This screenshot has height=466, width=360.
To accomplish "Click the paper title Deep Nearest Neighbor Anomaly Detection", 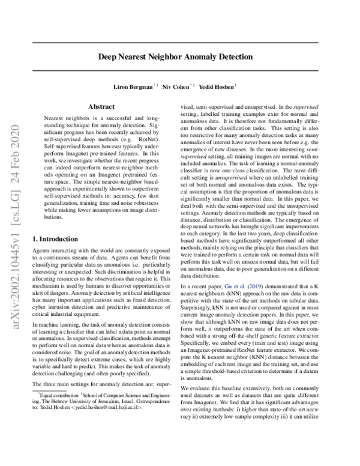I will coord(175,57).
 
